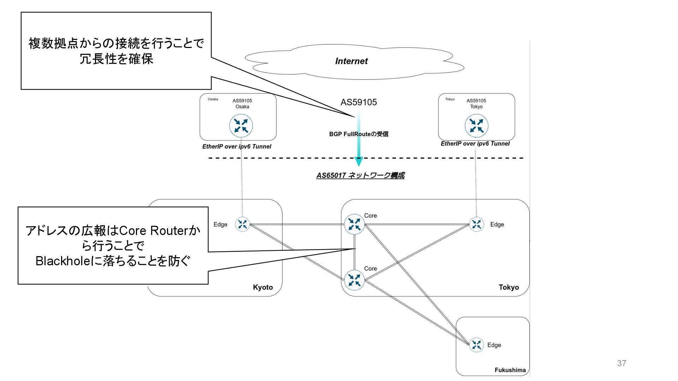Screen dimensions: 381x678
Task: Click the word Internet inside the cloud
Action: (351, 61)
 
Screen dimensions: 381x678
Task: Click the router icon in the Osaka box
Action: (241, 126)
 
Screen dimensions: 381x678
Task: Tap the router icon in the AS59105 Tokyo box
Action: (476, 126)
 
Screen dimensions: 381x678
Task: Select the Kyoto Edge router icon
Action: (243, 224)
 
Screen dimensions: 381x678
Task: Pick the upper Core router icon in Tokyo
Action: (354, 224)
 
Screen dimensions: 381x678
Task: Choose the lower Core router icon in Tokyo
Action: (354, 280)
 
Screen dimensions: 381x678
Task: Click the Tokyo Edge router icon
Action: (476, 224)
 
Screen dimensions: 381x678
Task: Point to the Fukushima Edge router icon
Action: (476, 345)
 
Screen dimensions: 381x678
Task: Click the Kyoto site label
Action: (263, 287)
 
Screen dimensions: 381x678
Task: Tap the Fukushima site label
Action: (510, 370)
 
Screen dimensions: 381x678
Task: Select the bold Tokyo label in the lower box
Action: (509, 287)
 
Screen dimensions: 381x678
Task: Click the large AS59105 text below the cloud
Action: (358, 102)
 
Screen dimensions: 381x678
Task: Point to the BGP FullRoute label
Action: (358, 134)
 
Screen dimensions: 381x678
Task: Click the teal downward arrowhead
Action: (359, 162)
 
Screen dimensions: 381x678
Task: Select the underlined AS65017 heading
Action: (360, 175)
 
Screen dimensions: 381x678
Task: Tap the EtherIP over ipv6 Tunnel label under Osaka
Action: (237, 146)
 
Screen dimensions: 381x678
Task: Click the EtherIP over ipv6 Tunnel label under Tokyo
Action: (475, 144)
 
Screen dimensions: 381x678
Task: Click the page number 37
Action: (621, 363)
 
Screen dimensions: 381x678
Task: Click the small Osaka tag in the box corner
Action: (213, 99)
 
